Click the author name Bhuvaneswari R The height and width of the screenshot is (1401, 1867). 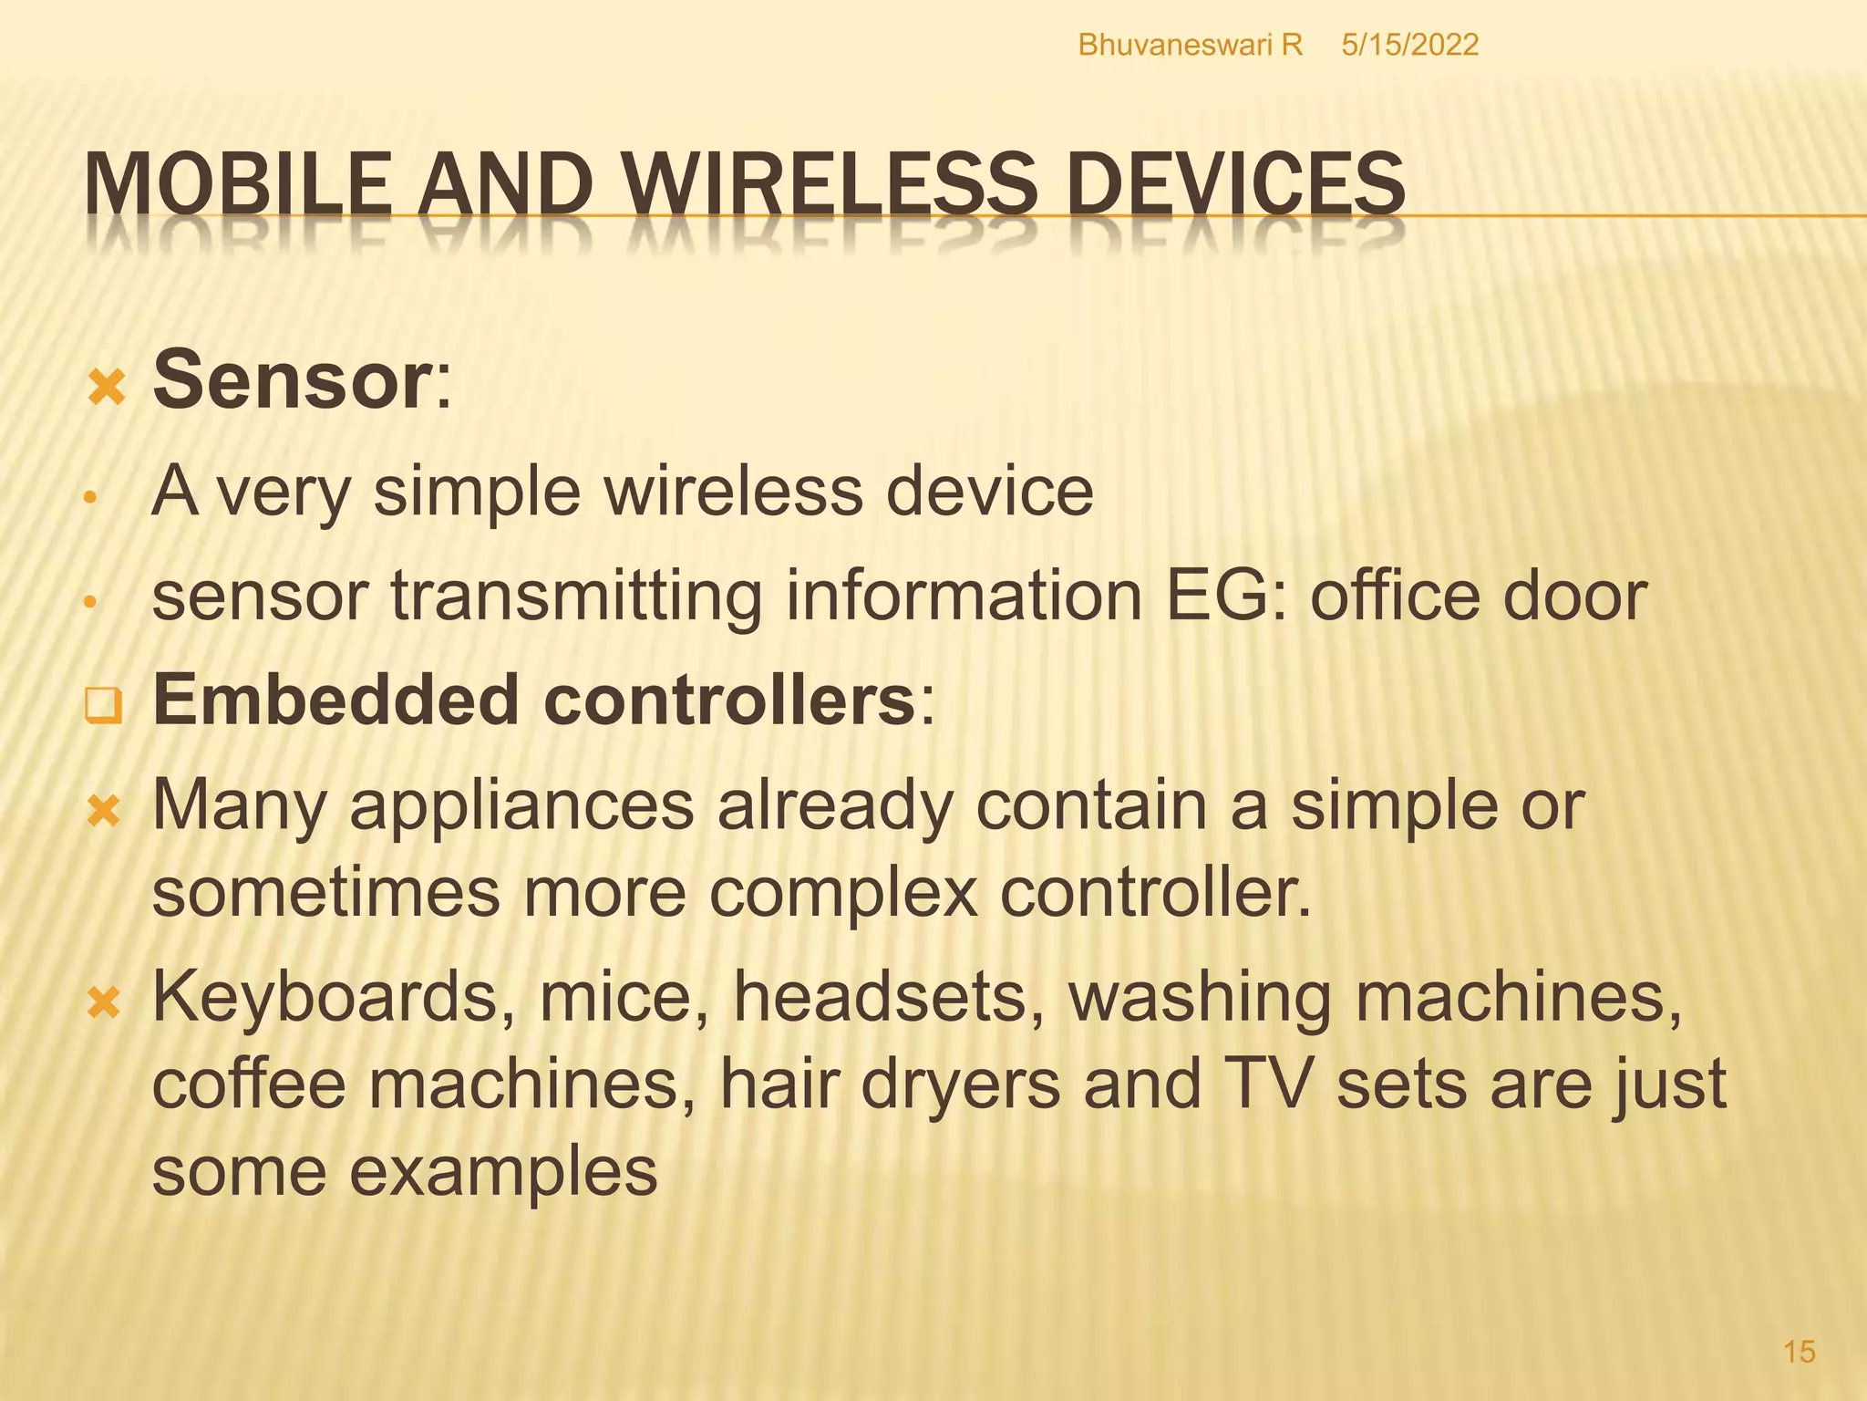pos(1190,45)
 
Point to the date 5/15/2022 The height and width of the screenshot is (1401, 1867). pos(1409,45)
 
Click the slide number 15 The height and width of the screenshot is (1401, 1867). pos(1799,1351)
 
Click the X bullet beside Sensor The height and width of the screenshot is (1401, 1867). pos(106,387)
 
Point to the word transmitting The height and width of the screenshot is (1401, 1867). pos(576,597)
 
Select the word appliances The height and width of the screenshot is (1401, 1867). pos(521,806)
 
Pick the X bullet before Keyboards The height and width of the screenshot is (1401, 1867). pos(104,1003)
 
